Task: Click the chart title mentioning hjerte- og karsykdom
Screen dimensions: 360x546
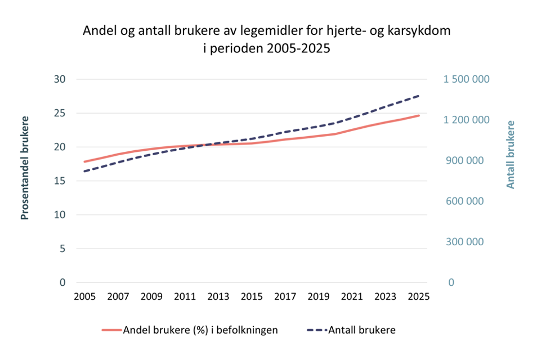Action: (x=267, y=39)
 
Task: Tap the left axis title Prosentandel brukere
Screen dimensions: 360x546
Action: (x=25, y=168)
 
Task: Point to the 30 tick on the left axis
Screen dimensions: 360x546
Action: (x=60, y=79)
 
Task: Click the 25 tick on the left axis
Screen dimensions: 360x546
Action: (x=60, y=113)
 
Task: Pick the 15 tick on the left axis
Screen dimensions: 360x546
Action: (x=60, y=181)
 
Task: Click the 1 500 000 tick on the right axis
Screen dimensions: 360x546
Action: (x=467, y=79)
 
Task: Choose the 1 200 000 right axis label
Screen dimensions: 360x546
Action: (x=467, y=120)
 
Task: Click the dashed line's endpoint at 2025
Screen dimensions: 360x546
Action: (x=419, y=96)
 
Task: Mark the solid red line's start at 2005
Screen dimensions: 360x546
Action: (x=84, y=161)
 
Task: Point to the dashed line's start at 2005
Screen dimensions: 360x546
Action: (x=84, y=171)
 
